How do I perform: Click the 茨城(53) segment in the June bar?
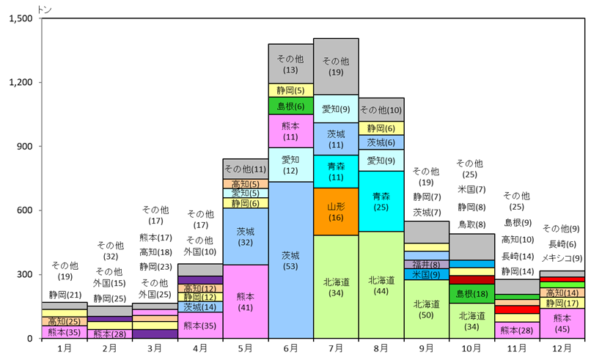tap(290, 260)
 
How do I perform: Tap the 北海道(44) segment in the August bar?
tap(381, 284)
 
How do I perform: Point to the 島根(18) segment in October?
tap(471, 293)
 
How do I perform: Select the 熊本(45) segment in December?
tap(562, 323)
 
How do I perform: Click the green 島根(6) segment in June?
tap(290, 106)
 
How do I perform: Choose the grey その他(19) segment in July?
tap(336, 66)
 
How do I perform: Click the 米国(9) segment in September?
tap(426, 274)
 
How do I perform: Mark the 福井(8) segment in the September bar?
tap(426, 264)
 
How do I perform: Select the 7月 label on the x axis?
tap(336, 348)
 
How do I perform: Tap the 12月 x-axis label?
tap(562, 348)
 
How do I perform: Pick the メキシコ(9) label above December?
tap(562, 258)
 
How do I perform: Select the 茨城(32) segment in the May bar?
tap(246, 236)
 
